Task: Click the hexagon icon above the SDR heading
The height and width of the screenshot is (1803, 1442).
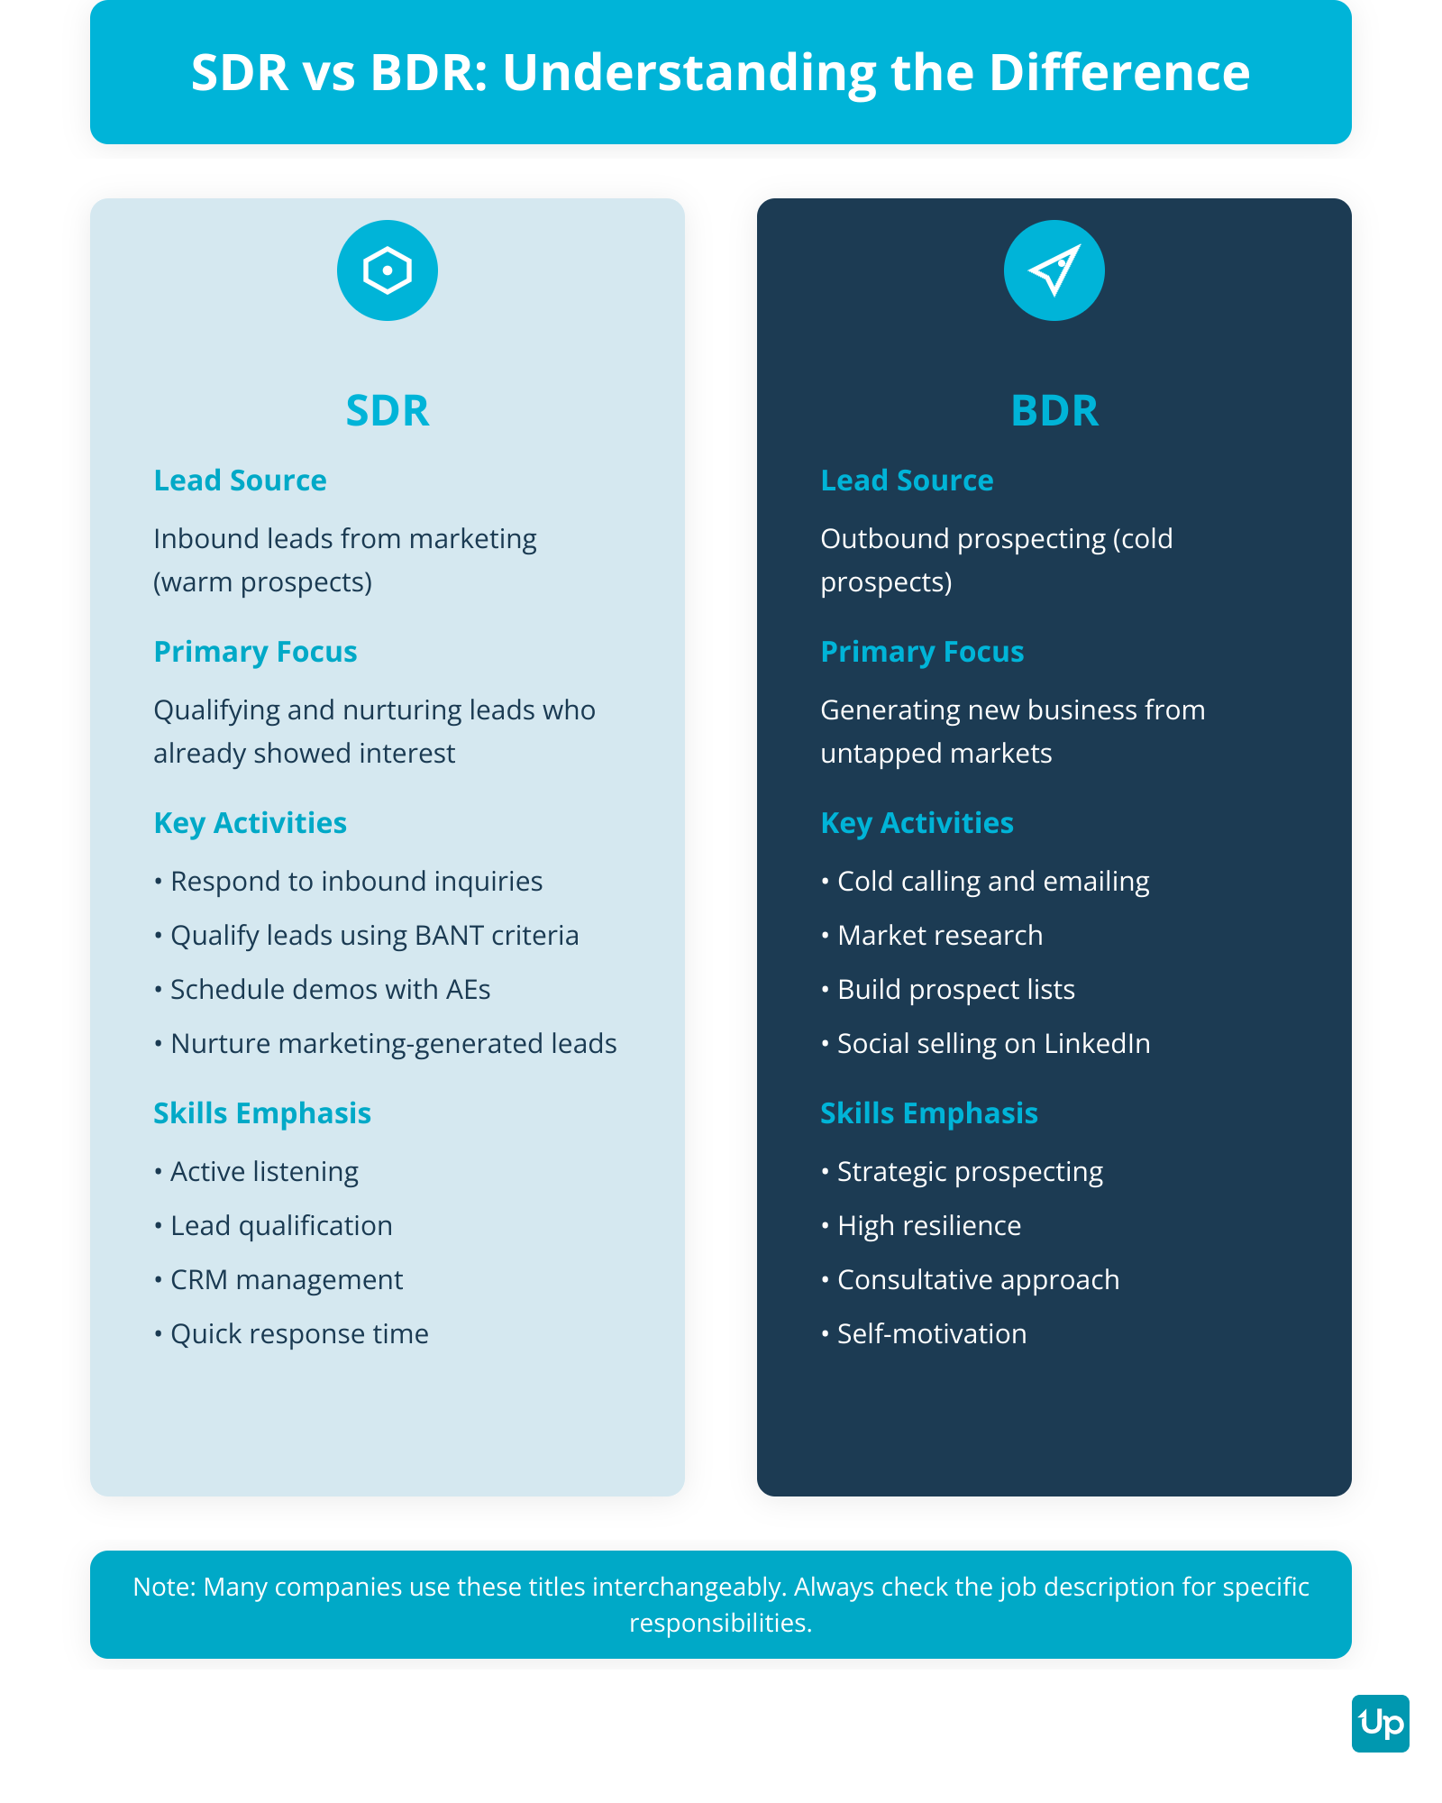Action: point(388,270)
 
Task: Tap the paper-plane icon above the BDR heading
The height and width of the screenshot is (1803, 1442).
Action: point(1054,270)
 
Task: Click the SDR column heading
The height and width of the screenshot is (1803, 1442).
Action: point(388,411)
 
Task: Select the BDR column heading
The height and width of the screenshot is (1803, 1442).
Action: point(1054,411)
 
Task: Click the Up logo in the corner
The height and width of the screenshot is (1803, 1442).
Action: point(1380,1724)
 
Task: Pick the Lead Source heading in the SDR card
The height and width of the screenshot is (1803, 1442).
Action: point(240,480)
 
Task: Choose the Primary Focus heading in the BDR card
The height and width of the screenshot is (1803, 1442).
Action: point(922,652)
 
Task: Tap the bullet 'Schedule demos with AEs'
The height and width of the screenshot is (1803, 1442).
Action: point(330,990)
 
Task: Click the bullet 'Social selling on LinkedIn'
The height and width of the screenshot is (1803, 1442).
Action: point(993,1044)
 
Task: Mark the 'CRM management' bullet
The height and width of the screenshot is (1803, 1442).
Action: point(287,1280)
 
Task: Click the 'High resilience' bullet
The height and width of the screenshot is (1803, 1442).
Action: point(929,1226)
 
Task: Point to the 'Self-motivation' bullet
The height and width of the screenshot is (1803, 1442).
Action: point(932,1334)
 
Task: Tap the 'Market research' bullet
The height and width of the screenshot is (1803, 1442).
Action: point(940,936)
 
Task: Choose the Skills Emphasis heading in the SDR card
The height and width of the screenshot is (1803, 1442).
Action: point(262,1113)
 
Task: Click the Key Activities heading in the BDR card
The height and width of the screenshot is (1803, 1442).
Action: point(917,823)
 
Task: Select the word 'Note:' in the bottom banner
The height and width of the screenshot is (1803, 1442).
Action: point(164,1587)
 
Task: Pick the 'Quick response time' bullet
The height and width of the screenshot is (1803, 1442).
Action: point(299,1334)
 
